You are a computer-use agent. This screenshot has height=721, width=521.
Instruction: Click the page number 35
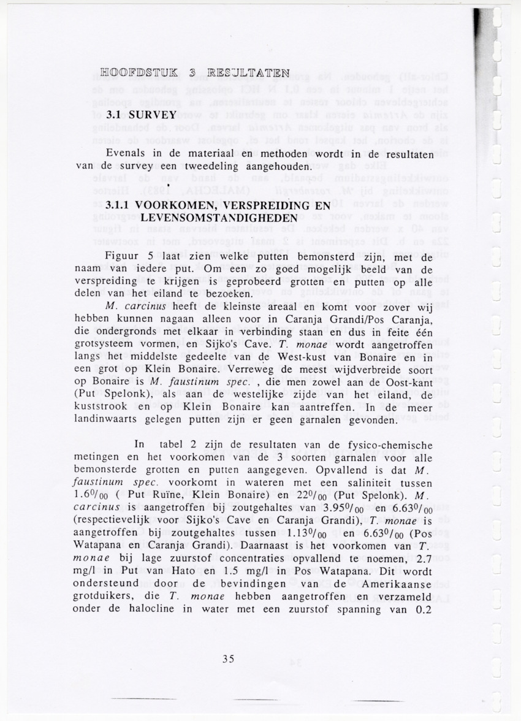click(229, 659)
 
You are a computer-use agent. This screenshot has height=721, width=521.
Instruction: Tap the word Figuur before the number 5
click(124, 257)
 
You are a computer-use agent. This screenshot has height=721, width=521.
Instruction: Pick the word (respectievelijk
click(115, 522)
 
